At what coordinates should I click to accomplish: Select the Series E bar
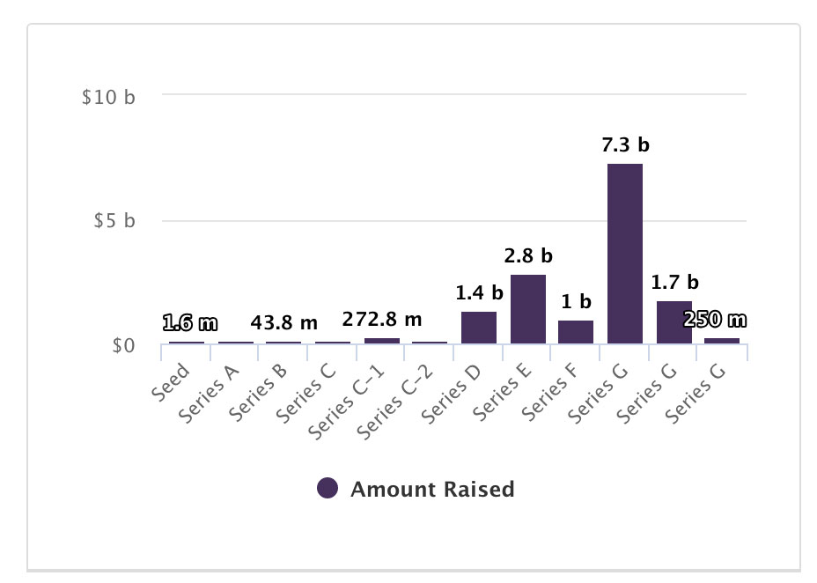click(x=528, y=309)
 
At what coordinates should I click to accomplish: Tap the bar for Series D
click(x=479, y=328)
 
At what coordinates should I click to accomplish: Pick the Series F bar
click(x=576, y=332)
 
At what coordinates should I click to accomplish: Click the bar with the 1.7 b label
click(x=674, y=322)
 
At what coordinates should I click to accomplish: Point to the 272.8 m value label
click(x=381, y=318)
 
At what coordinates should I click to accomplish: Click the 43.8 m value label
click(x=283, y=323)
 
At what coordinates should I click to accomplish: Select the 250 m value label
click(x=715, y=320)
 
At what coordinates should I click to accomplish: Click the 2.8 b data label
click(x=528, y=256)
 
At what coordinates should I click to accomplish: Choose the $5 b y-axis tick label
click(x=114, y=221)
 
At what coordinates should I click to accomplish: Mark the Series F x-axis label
click(x=550, y=391)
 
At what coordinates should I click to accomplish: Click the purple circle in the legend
click(x=328, y=489)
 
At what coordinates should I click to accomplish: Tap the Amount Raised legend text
click(x=432, y=489)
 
